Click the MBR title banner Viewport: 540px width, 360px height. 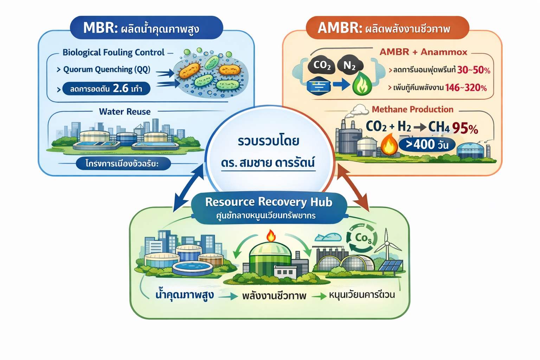point(146,28)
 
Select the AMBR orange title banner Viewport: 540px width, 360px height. point(387,28)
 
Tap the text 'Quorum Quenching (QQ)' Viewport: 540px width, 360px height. point(107,70)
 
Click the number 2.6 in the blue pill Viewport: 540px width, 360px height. point(121,88)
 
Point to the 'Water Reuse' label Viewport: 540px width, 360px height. point(124,112)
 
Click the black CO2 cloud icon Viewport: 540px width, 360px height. point(322,65)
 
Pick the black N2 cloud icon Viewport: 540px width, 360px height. point(349,65)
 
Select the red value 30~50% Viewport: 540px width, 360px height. point(474,70)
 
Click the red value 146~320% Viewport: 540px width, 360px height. point(466,88)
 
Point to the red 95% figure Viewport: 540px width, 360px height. point(465,128)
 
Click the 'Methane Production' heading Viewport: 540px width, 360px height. point(412,109)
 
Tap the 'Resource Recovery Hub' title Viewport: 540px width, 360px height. point(269,202)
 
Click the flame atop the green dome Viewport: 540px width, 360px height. point(271,236)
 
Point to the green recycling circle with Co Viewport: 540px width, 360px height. point(362,239)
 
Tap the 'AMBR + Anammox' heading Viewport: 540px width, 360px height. point(423,52)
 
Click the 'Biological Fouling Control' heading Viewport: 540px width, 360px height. point(113,52)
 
